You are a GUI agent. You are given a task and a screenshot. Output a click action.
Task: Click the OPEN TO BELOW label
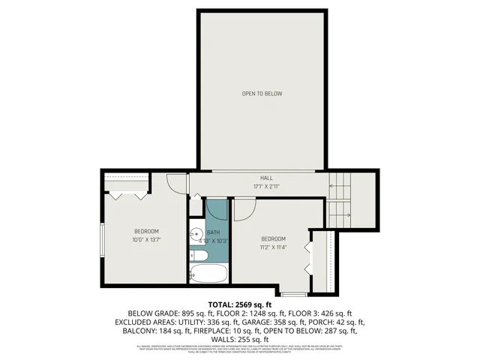[262, 94]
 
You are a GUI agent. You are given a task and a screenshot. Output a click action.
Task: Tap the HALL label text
[256, 178]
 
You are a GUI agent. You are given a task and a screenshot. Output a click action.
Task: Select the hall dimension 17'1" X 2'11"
[256, 187]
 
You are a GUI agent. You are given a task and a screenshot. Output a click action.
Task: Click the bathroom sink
[194, 234]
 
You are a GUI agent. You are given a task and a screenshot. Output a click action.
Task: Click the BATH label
[214, 233]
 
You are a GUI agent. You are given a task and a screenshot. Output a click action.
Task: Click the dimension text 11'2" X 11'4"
[273, 246]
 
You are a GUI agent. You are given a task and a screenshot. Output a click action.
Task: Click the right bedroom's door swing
[244, 208]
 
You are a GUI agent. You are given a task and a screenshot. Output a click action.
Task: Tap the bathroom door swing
[216, 209]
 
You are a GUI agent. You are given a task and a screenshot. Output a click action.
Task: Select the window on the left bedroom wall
[103, 239]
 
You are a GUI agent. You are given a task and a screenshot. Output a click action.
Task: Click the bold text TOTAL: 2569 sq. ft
[239, 304]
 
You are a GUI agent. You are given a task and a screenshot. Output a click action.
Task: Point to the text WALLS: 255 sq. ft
[239, 338]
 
